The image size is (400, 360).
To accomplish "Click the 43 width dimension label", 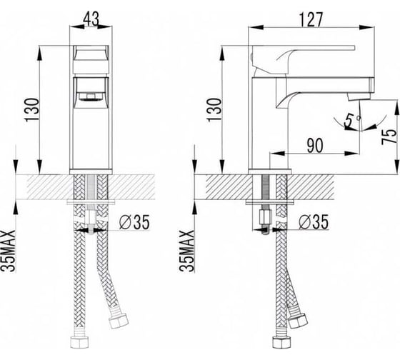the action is [x=91, y=19].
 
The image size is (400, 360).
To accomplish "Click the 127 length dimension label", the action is [x=311, y=19].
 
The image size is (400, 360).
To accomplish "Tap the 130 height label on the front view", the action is [x=32, y=110].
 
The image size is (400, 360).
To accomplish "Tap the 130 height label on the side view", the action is [x=215, y=110].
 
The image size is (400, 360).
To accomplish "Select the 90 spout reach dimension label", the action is [x=315, y=146].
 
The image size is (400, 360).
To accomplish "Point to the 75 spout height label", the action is [x=389, y=136].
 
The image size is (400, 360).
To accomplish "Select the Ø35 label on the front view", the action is [x=134, y=221].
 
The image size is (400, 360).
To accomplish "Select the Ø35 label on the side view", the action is [x=314, y=221].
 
